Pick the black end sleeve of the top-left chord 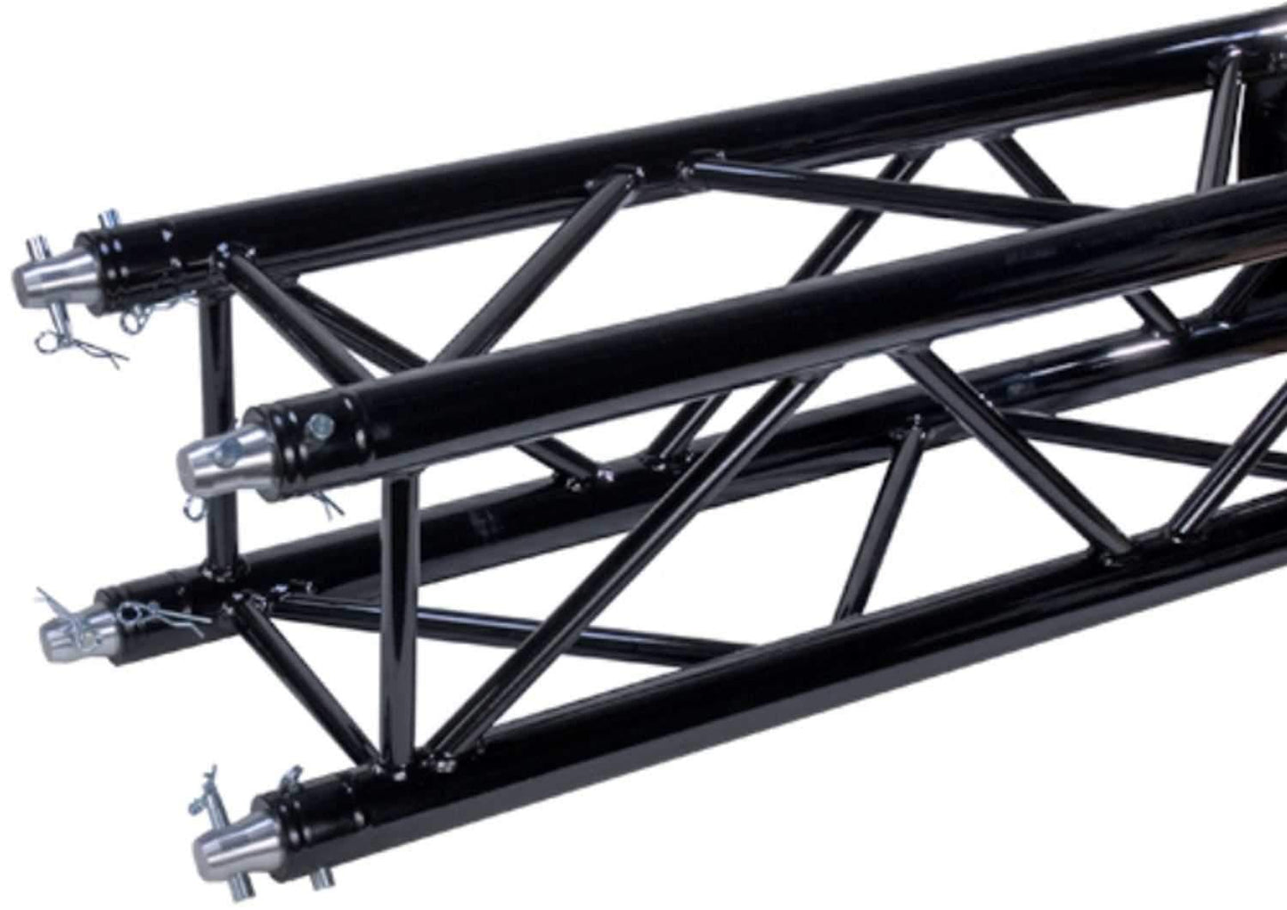[134, 254]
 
